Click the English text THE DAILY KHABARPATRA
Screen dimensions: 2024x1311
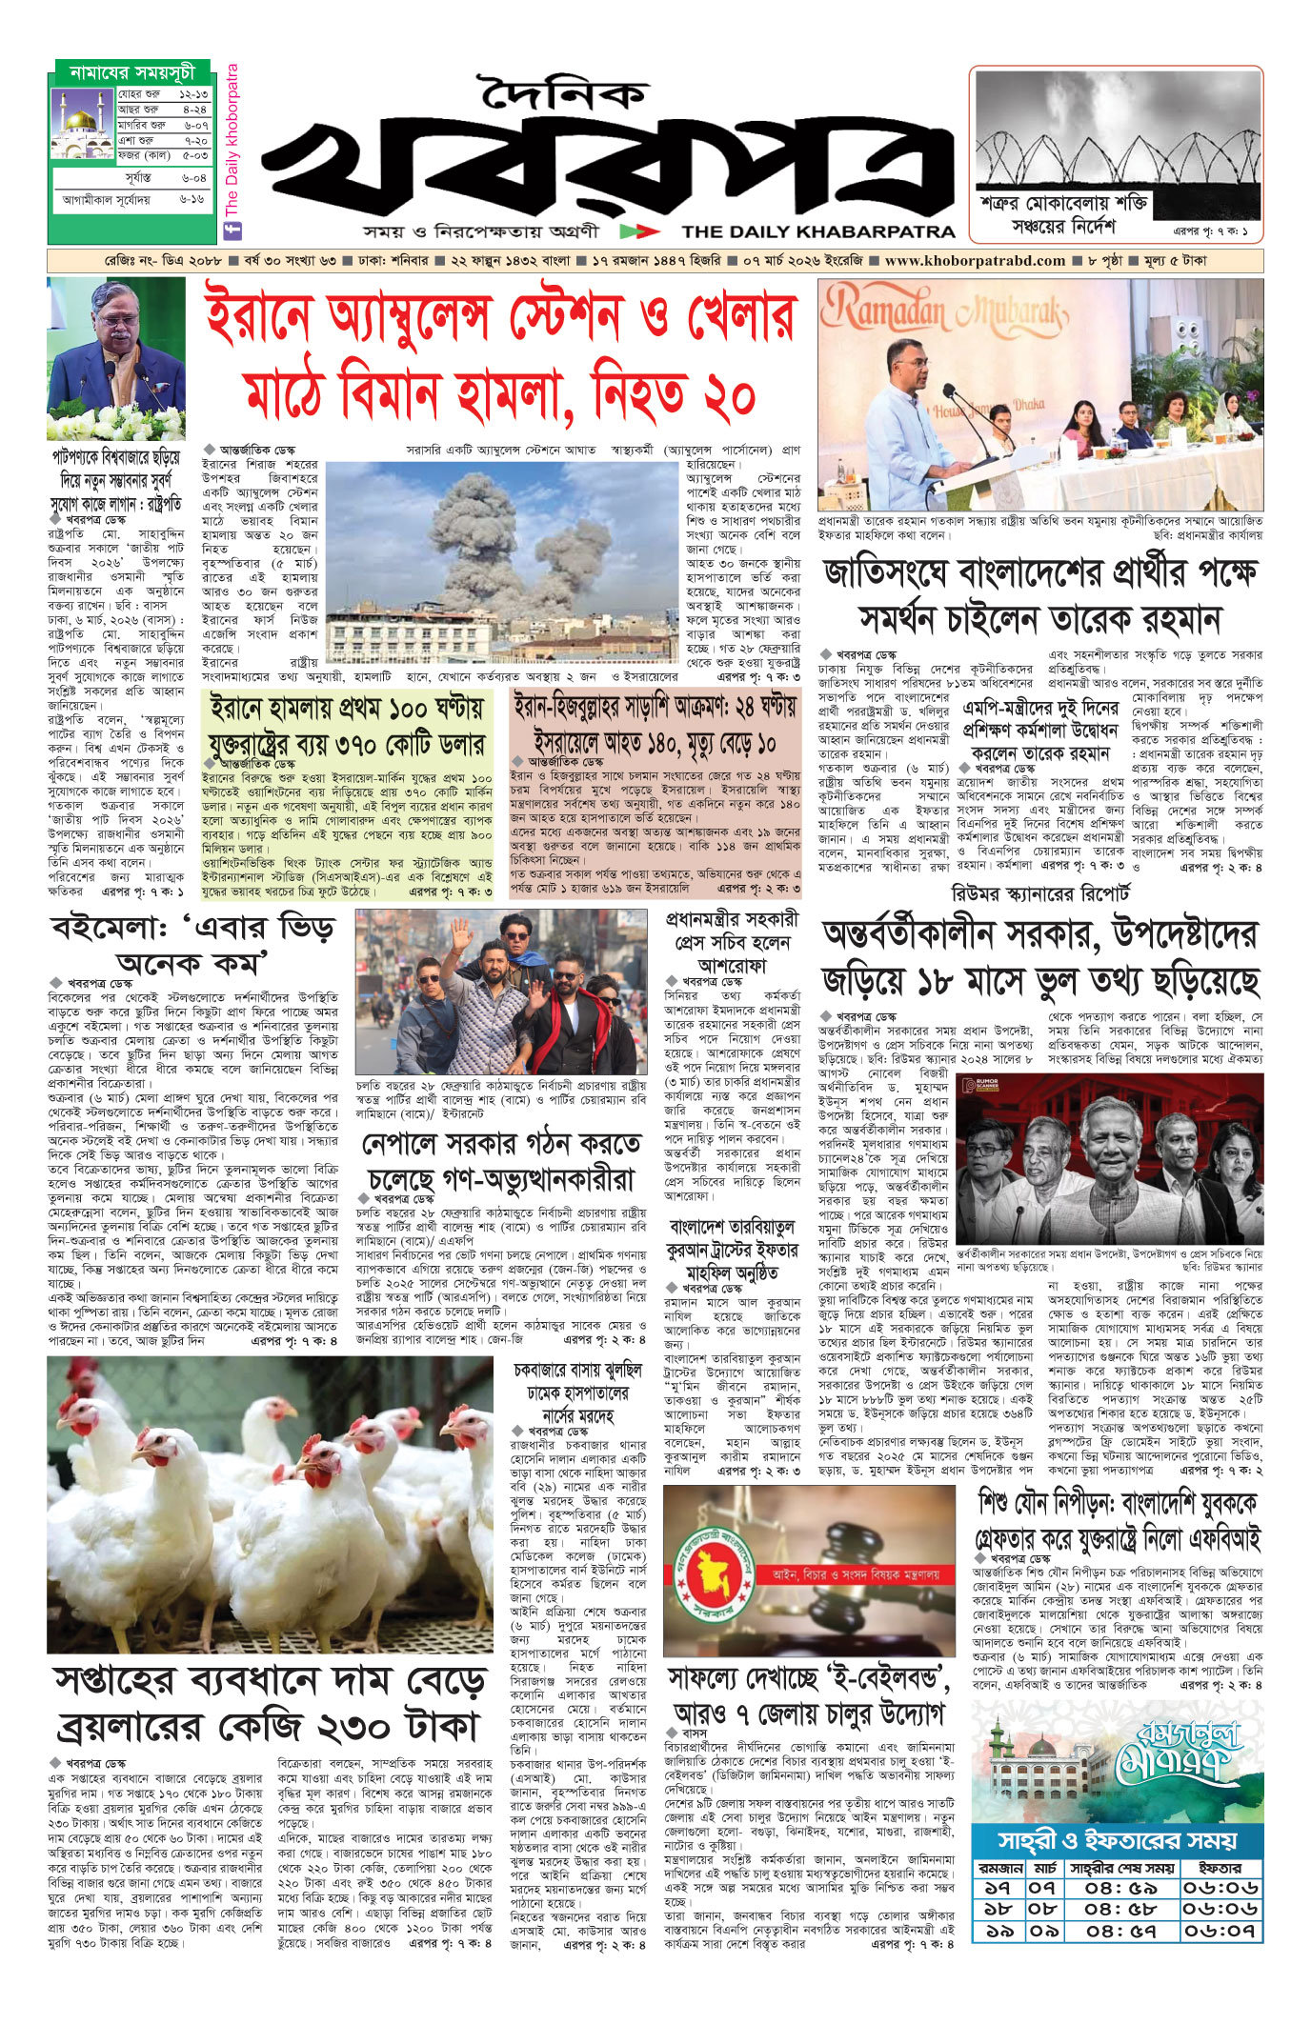pos(817,230)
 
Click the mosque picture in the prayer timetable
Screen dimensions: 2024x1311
pos(82,124)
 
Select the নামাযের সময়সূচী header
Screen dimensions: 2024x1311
pos(131,72)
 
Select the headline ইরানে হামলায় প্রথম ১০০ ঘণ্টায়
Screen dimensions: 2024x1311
pos(347,709)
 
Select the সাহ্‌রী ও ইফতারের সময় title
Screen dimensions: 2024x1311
pos(1117,1839)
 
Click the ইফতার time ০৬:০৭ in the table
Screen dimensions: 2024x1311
pos(1220,1931)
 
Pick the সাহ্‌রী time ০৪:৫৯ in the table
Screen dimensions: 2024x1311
pos(1119,1888)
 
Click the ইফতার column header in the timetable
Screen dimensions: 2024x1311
pos(1220,1868)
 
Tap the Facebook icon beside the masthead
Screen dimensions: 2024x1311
pos(230,230)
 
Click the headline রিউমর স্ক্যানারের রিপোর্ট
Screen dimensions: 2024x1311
pos(1040,894)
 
